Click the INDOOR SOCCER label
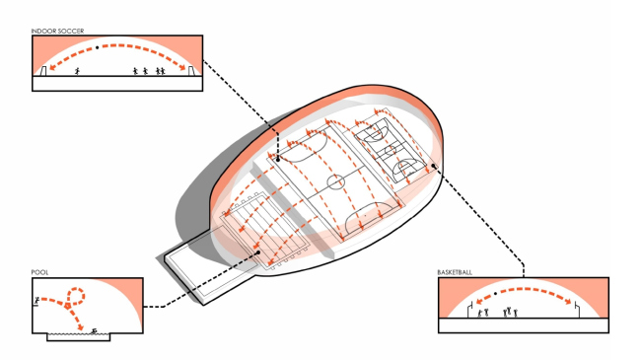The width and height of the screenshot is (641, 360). coord(57,31)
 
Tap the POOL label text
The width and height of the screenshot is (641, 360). coord(39,272)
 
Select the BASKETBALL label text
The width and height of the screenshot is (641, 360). coord(455,272)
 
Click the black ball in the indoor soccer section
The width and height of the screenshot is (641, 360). coord(98,47)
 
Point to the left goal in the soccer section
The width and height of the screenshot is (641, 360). coord(43,71)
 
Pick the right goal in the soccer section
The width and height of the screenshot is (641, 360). coord(191,71)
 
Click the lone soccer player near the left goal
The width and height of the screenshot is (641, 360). coord(77,72)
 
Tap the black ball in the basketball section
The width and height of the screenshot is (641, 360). coord(495,293)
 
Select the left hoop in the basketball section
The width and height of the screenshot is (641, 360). coord(470,310)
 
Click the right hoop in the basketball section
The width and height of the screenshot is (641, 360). coord(577,310)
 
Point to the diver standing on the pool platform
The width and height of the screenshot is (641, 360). coord(36,300)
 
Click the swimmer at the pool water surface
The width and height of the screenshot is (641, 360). coord(94,331)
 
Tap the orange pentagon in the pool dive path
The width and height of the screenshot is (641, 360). coord(67,305)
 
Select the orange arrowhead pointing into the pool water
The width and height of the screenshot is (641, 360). coord(81,326)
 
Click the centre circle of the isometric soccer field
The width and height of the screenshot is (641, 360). coord(336,181)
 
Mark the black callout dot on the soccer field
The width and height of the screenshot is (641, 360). coord(278,160)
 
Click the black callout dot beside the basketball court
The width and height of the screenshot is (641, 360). coord(433,166)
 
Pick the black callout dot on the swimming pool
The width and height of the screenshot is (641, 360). coord(258,252)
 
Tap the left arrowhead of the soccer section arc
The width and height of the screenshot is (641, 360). coord(53,67)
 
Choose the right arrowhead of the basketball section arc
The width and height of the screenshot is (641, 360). coord(568,302)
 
